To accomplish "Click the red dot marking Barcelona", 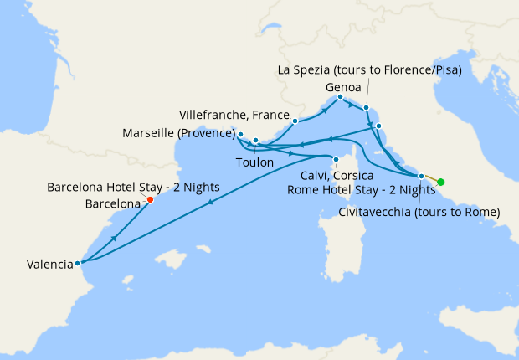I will click(150, 199).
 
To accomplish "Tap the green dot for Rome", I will click(440, 183).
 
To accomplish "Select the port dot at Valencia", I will click(77, 263).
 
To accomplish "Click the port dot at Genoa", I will click(340, 97).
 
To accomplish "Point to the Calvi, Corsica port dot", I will click(336, 160).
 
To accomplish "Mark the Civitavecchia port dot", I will click(421, 176).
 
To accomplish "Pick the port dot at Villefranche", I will click(295, 121).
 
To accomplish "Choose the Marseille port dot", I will click(240, 134).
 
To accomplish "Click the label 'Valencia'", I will click(49, 264).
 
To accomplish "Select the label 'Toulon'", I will click(254, 162).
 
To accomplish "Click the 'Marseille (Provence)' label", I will click(178, 133).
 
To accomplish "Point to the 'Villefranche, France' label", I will click(234, 114).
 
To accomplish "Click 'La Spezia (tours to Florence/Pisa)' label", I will click(369, 69).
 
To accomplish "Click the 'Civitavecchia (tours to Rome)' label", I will click(419, 212).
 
